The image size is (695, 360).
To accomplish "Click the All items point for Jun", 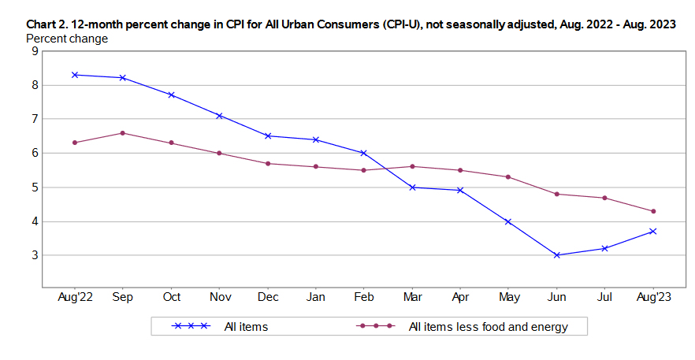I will click(x=557, y=255).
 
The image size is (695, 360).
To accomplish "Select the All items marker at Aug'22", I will click(x=75, y=75).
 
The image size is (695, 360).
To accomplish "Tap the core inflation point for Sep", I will click(x=123, y=133).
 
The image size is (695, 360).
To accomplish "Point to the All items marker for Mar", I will click(x=413, y=187).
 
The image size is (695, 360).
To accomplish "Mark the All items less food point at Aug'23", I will click(x=653, y=211).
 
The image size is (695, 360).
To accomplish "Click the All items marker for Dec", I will click(x=268, y=135).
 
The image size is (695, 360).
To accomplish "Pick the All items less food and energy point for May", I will click(x=509, y=176).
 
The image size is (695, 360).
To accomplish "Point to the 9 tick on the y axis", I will click(x=35, y=51).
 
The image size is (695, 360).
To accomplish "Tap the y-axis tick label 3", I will click(x=35, y=256).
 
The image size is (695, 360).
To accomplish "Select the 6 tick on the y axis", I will click(x=35, y=154).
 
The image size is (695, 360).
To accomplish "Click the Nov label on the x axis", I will click(x=220, y=297).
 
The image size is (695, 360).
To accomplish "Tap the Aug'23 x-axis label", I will click(x=653, y=297).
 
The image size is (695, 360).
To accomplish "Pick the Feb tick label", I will click(x=364, y=297).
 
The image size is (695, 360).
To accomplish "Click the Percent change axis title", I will click(x=67, y=38).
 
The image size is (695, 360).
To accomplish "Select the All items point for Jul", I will click(x=605, y=248).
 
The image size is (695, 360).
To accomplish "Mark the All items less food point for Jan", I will click(x=316, y=166).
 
